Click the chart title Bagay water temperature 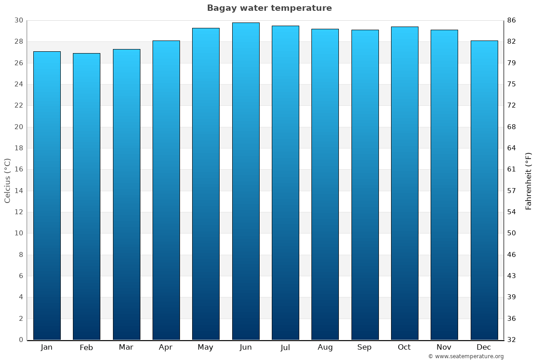point(269,8)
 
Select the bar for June point(246,181)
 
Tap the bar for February point(86,196)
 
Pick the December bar point(484,190)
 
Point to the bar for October point(405,183)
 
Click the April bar point(166,190)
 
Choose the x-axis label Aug point(325,347)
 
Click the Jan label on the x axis point(47,347)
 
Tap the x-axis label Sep point(364,347)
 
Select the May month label point(206,347)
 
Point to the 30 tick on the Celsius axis point(18,20)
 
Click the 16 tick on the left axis point(18,170)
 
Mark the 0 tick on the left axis point(21,340)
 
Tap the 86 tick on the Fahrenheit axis point(512,20)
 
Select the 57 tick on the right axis point(512,191)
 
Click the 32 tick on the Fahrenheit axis point(512,340)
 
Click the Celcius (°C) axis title point(7,180)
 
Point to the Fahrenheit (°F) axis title point(529,180)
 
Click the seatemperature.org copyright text point(465,356)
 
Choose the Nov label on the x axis point(444,347)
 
